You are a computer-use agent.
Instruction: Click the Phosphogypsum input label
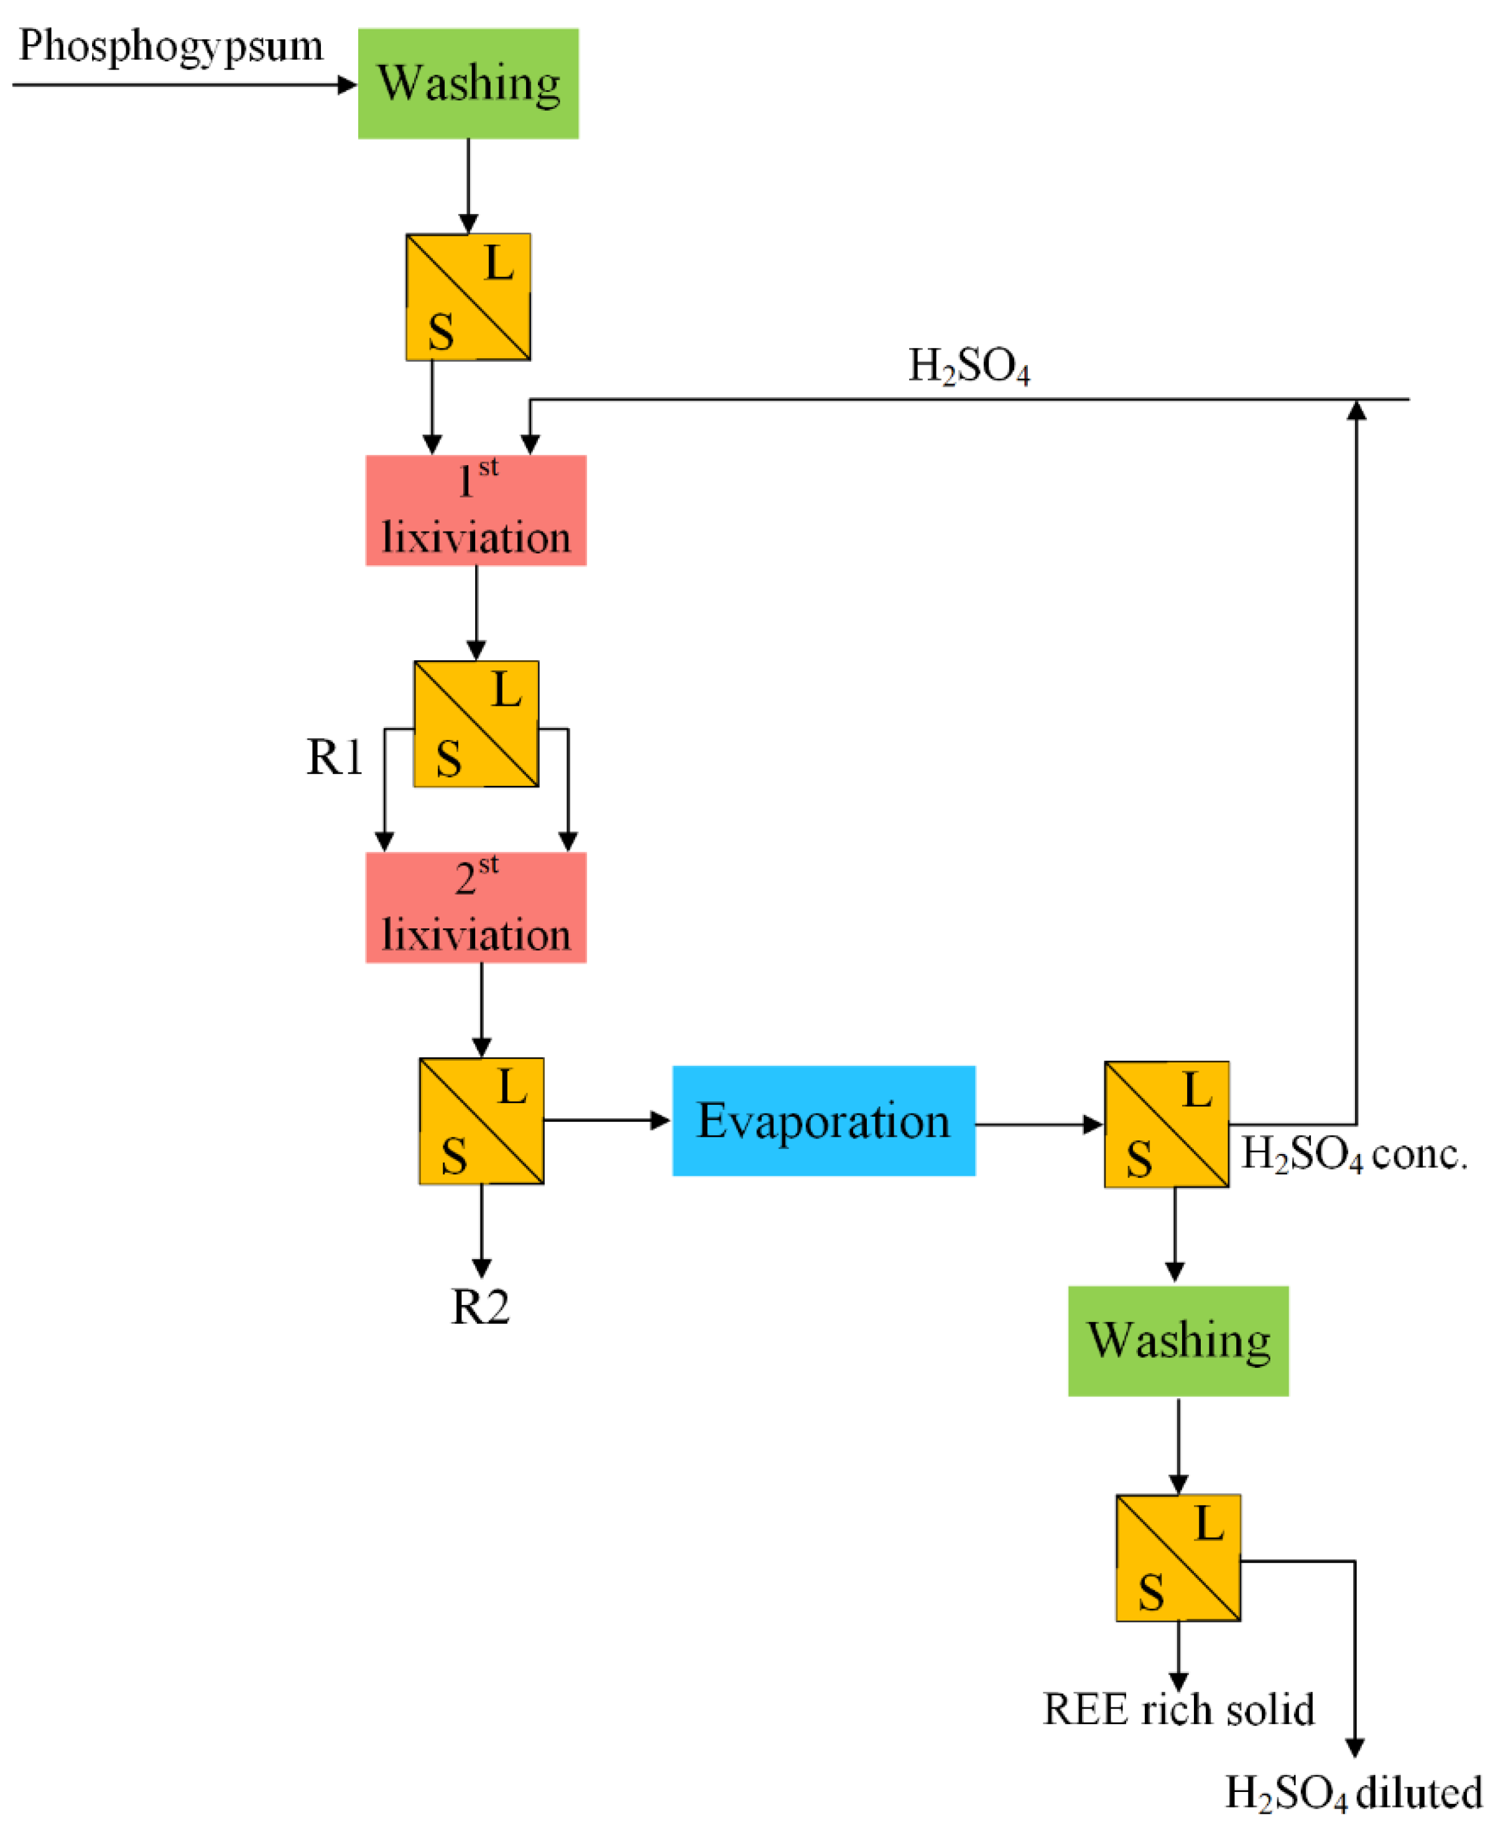pyautogui.click(x=171, y=47)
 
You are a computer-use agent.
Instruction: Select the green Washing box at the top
pyautogui.click(x=469, y=84)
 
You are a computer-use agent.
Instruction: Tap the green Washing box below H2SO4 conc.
pyautogui.click(x=1178, y=1341)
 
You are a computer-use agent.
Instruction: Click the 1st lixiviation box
pyautogui.click(x=476, y=510)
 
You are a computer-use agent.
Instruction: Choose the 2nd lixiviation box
pyautogui.click(x=476, y=907)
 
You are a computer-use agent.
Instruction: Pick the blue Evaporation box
pyautogui.click(x=823, y=1120)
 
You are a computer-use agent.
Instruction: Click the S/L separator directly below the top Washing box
pyautogui.click(x=469, y=297)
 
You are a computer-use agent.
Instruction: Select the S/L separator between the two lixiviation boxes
pyautogui.click(x=476, y=724)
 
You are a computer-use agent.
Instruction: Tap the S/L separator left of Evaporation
pyautogui.click(x=481, y=1120)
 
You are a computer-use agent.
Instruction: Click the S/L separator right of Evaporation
pyautogui.click(x=1167, y=1124)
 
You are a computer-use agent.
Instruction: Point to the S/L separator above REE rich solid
pyautogui.click(x=1178, y=1558)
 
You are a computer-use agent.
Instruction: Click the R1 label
pyautogui.click(x=335, y=757)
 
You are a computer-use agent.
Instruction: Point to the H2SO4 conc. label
pyautogui.click(x=1354, y=1153)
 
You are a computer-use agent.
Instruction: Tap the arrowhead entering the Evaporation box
pyautogui.click(x=661, y=1120)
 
